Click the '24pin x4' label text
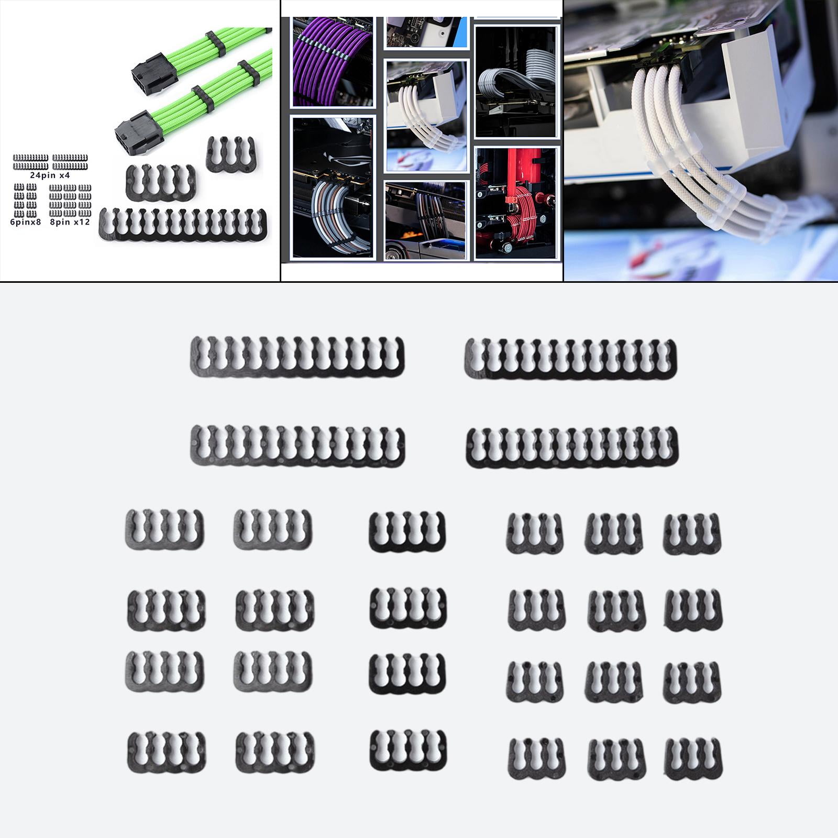pyautogui.click(x=50, y=175)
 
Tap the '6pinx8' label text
pyautogui.click(x=25, y=222)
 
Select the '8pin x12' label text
pyautogui.click(x=70, y=222)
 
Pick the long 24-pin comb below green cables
pyautogui.click(x=183, y=225)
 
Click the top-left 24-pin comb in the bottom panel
pyautogui.click(x=297, y=357)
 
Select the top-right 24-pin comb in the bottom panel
pyautogui.click(x=571, y=358)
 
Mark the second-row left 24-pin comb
pyautogui.click(x=297, y=446)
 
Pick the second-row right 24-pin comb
pyautogui.click(x=572, y=447)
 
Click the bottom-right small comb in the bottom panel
pyautogui.click(x=692, y=757)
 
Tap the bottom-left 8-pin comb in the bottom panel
pyautogui.click(x=167, y=752)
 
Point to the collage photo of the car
pyautogui.click(x=425, y=220)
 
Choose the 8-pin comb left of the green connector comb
pyautogui.click(x=161, y=182)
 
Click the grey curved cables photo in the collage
pyautogui.click(x=332, y=189)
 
